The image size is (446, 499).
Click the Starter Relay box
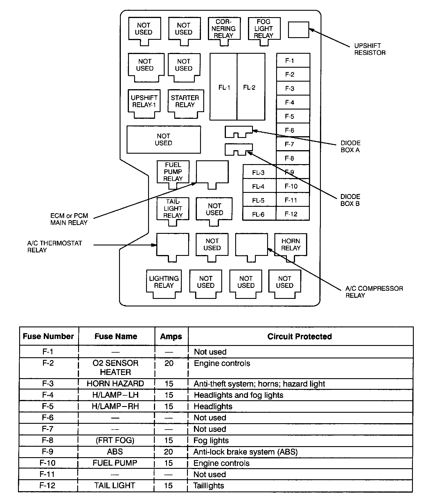tap(185, 101)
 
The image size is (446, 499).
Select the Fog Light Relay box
tap(264, 28)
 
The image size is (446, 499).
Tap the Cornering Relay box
tap(224, 28)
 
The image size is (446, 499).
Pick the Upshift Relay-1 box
tap(144, 101)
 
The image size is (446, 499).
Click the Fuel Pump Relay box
tap(173, 172)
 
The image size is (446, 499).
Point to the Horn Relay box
tap(291, 245)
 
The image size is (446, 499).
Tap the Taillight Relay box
tap(173, 209)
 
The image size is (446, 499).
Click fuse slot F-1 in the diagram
tap(293, 60)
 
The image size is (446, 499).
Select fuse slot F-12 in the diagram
tap(293, 214)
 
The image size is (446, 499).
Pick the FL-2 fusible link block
tap(251, 87)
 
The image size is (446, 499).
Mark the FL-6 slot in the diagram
tap(259, 214)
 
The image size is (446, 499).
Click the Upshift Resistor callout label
tap(370, 49)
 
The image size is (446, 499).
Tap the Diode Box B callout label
tap(350, 200)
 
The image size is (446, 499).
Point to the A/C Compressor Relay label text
tap(374, 292)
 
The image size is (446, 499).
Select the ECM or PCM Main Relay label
tap(69, 219)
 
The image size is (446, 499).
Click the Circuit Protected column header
tap(299, 336)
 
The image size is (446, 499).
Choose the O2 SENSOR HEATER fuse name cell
tap(116, 367)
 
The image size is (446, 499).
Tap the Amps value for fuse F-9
tap(168, 452)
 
